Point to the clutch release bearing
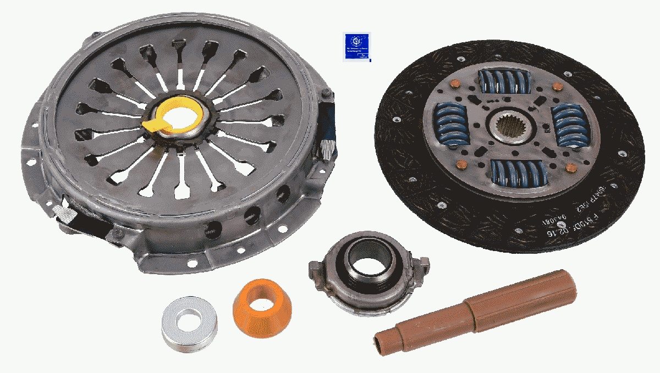coord(364,271)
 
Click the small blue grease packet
coord(356,46)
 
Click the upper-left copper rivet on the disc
coord(454,85)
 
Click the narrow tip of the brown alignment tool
coord(383,340)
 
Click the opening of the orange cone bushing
coord(261,297)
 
